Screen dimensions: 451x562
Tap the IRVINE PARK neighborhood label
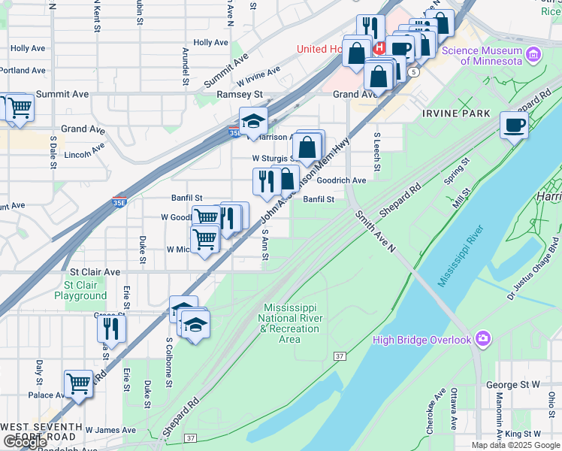[456, 114]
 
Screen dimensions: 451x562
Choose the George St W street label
[512, 385]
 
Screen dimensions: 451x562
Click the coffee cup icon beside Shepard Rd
[515, 125]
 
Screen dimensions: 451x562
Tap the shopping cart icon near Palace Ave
[78, 383]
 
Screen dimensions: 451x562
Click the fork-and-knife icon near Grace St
[111, 328]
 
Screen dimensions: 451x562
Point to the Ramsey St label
[239, 95]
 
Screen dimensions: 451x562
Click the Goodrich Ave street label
[342, 180]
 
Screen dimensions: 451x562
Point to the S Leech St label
[377, 153]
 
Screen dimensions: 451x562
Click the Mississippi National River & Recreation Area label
[290, 323]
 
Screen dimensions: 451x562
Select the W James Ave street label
[110, 430]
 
